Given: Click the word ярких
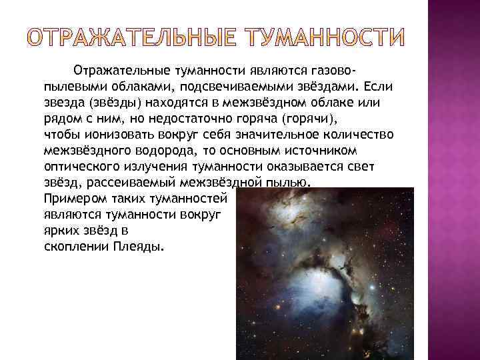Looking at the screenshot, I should pyautogui.click(x=61, y=231).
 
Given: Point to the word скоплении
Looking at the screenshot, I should pyautogui.click(x=72, y=247).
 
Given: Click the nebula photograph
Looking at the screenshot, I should pyautogui.click(x=325, y=273).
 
